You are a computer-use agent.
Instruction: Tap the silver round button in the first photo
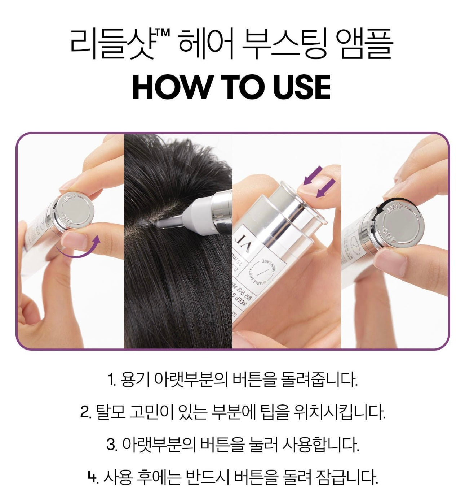74,213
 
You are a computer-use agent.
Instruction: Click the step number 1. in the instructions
112,380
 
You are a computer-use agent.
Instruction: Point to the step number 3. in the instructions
112,445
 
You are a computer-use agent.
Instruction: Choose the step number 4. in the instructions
93,477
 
